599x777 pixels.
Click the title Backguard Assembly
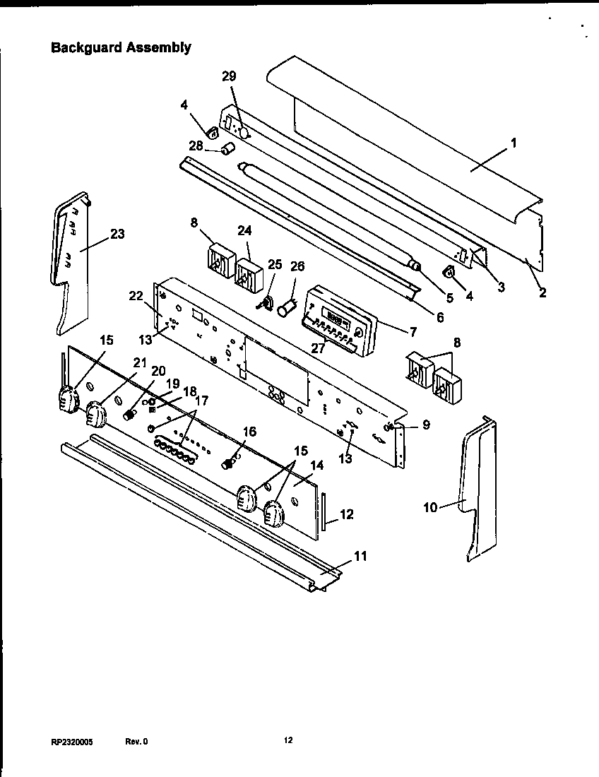(121, 48)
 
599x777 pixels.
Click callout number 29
(229, 76)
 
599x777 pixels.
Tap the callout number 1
(514, 142)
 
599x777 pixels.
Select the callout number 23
(117, 234)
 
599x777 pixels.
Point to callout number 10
(431, 506)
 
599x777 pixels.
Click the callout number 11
(360, 556)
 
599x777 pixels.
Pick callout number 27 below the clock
(319, 348)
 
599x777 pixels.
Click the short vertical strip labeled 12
(324, 511)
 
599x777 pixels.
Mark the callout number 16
(249, 432)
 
